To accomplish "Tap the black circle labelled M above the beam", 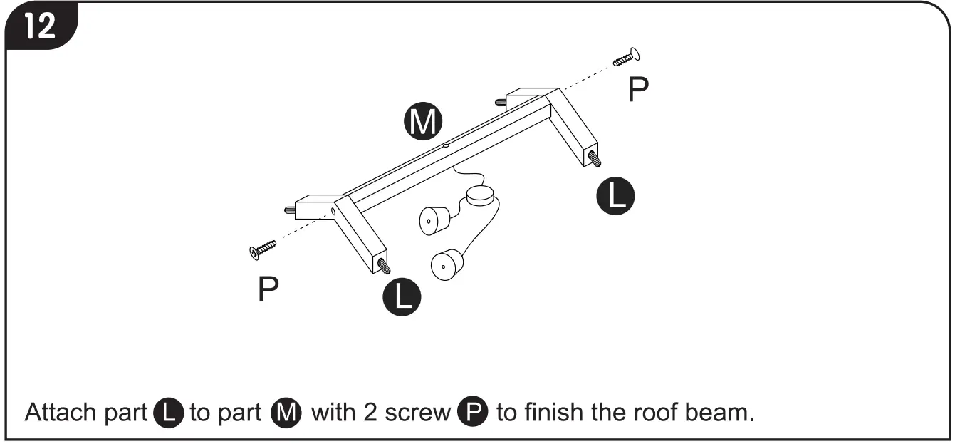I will click(423, 123).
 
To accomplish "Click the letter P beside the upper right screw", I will click(638, 90).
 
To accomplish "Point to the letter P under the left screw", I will click(268, 289).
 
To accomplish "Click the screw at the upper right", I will click(626, 58).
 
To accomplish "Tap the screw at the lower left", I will click(263, 249).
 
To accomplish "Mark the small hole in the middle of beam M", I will click(445, 145).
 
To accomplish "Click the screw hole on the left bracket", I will click(333, 211).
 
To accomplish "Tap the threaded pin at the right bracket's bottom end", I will click(593, 158).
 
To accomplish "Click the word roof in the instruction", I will click(652, 413).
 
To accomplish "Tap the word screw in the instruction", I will click(414, 413).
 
